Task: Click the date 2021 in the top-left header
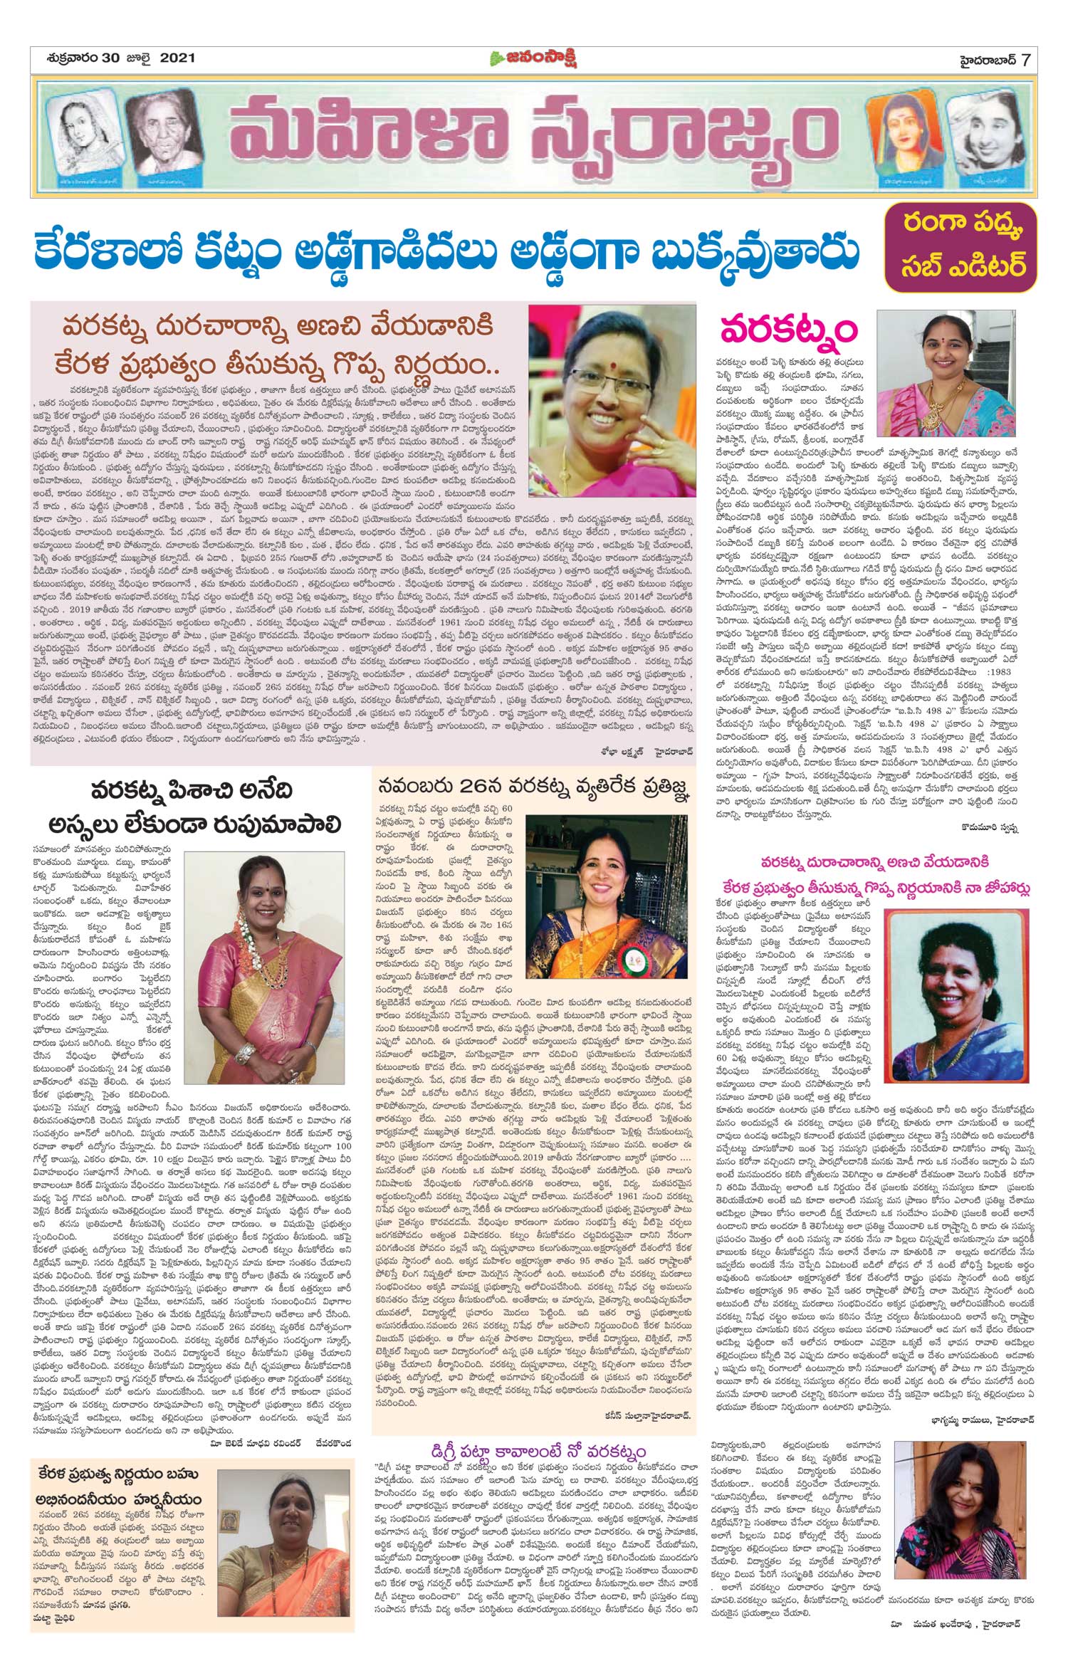pos(176,58)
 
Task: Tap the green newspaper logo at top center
pos(534,58)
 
